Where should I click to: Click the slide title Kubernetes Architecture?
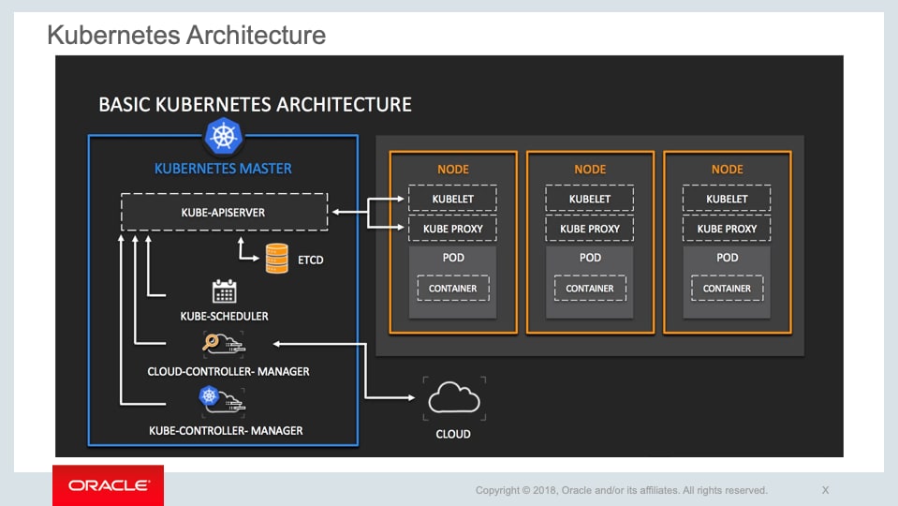tap(186, 36)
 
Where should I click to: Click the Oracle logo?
tap(108, 485)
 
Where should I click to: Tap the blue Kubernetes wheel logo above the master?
tap(223, 137)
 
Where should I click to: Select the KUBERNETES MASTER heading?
tap(223, 169)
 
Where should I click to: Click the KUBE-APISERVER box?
tap(223, 213)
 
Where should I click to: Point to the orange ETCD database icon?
tap(276, 258)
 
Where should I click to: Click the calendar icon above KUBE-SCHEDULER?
tap(224, 291)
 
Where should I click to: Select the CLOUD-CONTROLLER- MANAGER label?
tap(228, 371)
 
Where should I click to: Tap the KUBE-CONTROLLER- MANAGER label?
tap(226, 430)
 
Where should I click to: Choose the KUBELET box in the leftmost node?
tap(452, 199)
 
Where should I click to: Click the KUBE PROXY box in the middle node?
tap(590, 229)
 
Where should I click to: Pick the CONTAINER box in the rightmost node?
tap(727, 289)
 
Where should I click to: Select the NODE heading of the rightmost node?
tap(727, 170)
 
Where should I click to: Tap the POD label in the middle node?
tap(590, 258)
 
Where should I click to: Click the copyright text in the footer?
tap(621, 490)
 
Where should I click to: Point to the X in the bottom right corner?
tap(825, 490)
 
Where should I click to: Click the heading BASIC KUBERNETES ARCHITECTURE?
tap(255, 104)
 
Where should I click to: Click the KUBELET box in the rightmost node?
tap(727, 199)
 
